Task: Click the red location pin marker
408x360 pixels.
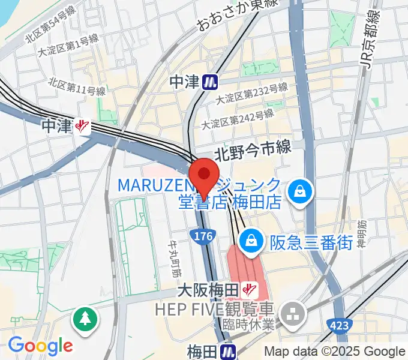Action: (204, 176)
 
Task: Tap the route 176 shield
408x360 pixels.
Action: (204, 237)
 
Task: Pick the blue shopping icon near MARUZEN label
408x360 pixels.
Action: (298, 192)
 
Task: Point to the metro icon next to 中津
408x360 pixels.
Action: (209, 82)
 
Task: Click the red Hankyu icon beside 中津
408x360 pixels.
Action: (82, 126)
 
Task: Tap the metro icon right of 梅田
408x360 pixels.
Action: (227, 351)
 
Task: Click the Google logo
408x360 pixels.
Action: (40, 346)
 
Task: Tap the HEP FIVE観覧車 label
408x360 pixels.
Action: (215, 310)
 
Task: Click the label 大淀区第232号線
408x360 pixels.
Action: (252, 94)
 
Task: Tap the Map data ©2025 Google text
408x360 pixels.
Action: (335, 352)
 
